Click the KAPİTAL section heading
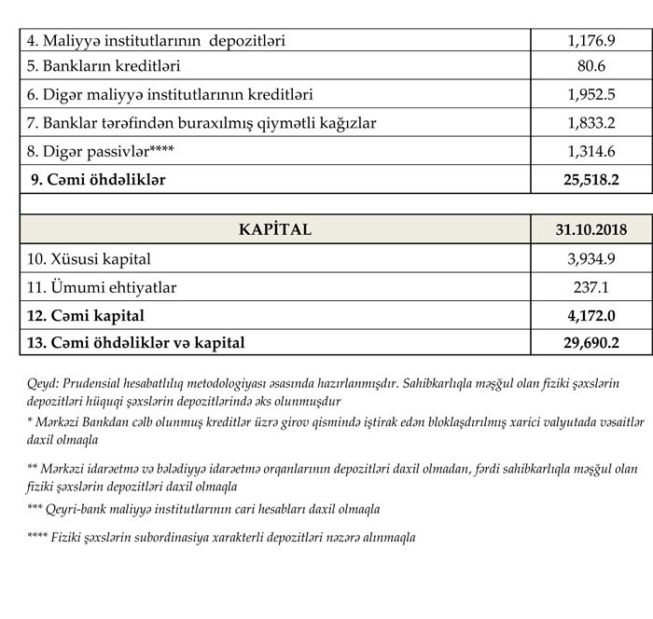coord(274,229)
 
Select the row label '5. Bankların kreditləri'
coord(104,67)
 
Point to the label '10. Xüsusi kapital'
coord(90,258)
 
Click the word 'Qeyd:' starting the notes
coord(44,383)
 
